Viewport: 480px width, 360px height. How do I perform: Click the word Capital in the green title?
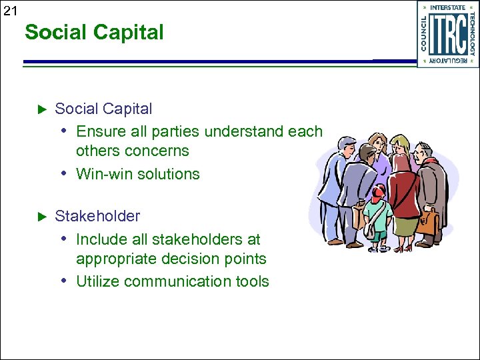(x=130, y=32)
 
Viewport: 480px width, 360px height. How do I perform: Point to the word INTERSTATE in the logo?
(x=448, y=8)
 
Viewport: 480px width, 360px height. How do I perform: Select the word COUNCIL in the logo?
(x=424, y=33)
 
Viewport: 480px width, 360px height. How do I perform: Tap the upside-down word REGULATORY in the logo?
(x=448, y=61)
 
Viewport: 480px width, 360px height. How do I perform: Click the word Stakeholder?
(x=97, y=217)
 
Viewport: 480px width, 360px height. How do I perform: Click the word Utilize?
(x=97, y=281)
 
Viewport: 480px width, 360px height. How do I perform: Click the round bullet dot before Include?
(x=63, y=239)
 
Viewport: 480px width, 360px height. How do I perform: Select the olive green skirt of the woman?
(x=405, y=224)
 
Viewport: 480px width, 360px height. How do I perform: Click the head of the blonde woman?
(x=400, y=145)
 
